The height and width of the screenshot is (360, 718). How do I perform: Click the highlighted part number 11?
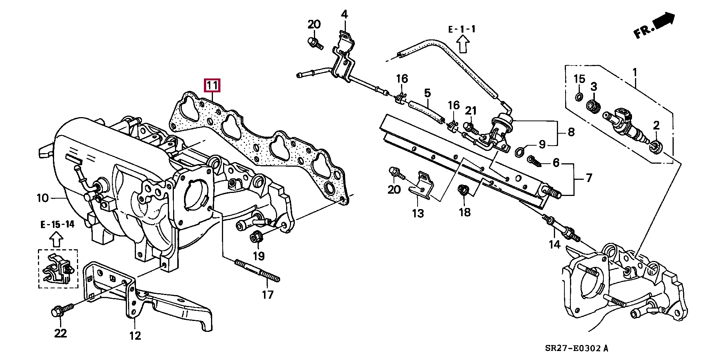click(x=212, y=86)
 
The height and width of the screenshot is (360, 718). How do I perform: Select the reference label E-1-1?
click(x=462, y=29)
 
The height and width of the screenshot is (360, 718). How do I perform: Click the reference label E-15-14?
click(x=57, y=224)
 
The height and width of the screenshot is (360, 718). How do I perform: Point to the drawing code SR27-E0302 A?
click(x=576, y=348)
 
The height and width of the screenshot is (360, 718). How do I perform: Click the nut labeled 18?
click(x=463, y=191)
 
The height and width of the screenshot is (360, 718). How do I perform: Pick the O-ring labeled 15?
click(x=579, y=97)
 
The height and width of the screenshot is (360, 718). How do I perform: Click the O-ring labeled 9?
click(x=519, y=152)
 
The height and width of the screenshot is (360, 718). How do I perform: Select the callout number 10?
click(x=43, y=198)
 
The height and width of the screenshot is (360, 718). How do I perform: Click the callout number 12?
click(x=135, y=335)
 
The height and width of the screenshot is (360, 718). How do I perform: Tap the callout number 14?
click(x=554, y=244)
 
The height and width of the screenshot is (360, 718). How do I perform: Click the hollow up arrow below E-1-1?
click(x=463, y=44)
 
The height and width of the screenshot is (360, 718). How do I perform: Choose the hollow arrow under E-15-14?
click(x=56, y=239)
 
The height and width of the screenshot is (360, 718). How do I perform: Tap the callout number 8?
click(x=571, y=132)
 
